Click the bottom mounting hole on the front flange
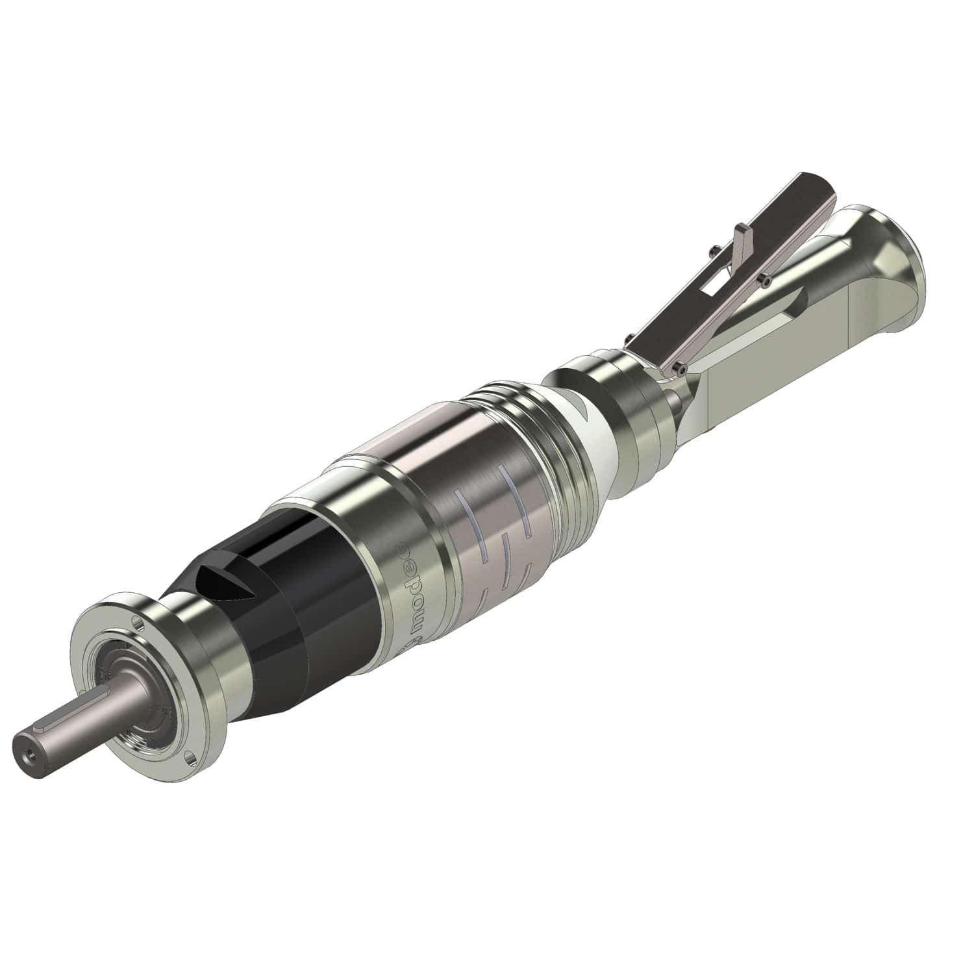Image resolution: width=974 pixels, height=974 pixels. tap(189, 756)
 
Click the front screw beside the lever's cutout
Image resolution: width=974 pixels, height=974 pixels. tap(766, 279)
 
